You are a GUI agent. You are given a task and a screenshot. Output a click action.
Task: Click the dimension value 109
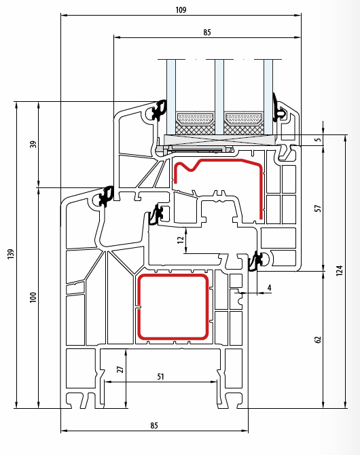181,10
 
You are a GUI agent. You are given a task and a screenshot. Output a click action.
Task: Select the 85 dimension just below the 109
207,32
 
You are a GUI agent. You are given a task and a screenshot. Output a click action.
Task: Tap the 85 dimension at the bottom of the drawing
154,425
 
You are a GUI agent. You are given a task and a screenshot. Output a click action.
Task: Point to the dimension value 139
11,254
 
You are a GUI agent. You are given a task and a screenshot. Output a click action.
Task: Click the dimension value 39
33,144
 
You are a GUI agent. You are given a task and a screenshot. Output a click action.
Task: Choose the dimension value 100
33,297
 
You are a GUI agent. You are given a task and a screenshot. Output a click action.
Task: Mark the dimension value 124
339,270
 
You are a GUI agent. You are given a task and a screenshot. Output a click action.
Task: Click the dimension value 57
318,208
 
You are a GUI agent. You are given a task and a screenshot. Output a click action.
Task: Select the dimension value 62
318,340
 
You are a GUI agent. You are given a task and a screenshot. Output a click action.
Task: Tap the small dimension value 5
319,140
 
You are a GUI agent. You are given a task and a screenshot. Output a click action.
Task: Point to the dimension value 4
269,287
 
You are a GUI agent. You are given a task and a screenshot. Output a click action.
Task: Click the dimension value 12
180,240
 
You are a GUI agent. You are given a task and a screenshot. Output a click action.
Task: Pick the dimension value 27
120,369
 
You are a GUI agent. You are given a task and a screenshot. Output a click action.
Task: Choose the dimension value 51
160,377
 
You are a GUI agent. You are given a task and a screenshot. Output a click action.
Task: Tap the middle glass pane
219,97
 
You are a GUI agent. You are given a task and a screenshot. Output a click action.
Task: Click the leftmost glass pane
171,97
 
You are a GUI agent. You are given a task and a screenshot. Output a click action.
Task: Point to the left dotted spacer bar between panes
195,119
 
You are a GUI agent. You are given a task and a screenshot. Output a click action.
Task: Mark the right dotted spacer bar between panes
244,119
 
